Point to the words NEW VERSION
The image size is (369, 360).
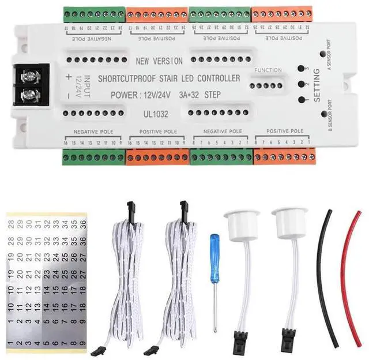pos(159,61)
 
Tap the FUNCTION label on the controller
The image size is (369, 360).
pos(267,70)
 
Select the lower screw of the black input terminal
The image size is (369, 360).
pos(27,94)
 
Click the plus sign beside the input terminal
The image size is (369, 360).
pos(69,76)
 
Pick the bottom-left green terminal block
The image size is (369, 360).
pos(93,156)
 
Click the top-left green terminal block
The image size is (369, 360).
pos(95,14)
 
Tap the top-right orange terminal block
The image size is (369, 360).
pos(281,14)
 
